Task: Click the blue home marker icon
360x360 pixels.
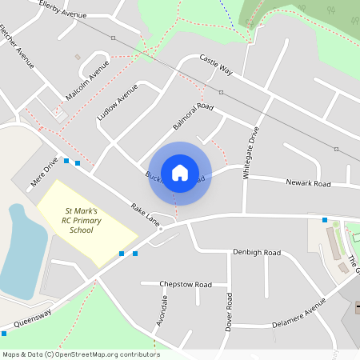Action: tap(180, 172)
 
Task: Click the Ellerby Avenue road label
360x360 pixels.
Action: tap(62, 9)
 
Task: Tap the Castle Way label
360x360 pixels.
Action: tap(216, 65)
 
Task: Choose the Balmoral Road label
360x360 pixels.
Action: tap(194, 117)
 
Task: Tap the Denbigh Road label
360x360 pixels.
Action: tap(257, 253)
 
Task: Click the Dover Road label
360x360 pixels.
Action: tap(229, 313)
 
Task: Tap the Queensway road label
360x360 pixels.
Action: tap(32, 319)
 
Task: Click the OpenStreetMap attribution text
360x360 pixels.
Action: tap(80, 354)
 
